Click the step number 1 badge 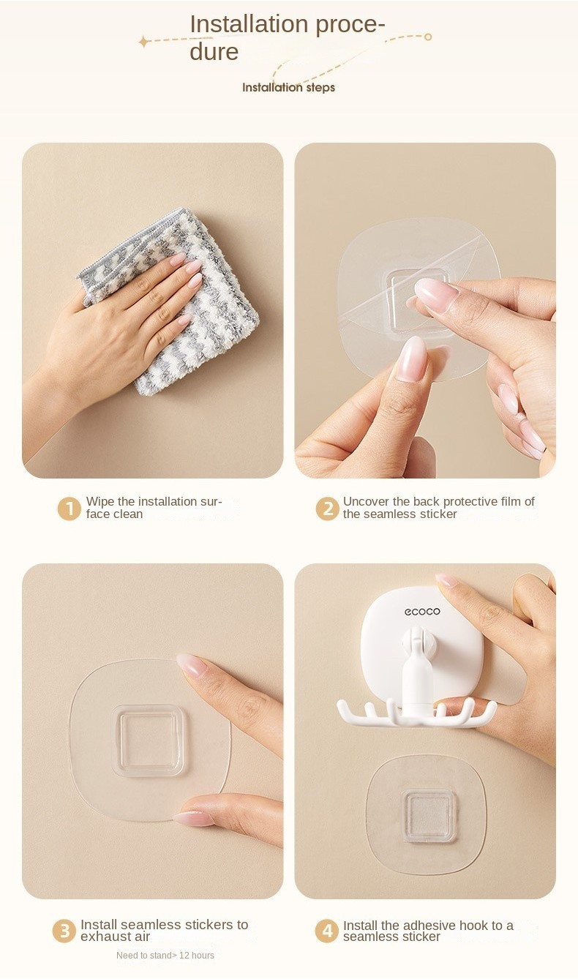[69, 509]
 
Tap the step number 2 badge [328, 509]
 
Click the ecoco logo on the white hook [422, 612]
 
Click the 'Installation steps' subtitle [288, 87]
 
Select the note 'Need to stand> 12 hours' [165, 955]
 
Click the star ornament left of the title [143, 42]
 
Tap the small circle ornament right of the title [428, 37]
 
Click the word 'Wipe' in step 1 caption [100, 501]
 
